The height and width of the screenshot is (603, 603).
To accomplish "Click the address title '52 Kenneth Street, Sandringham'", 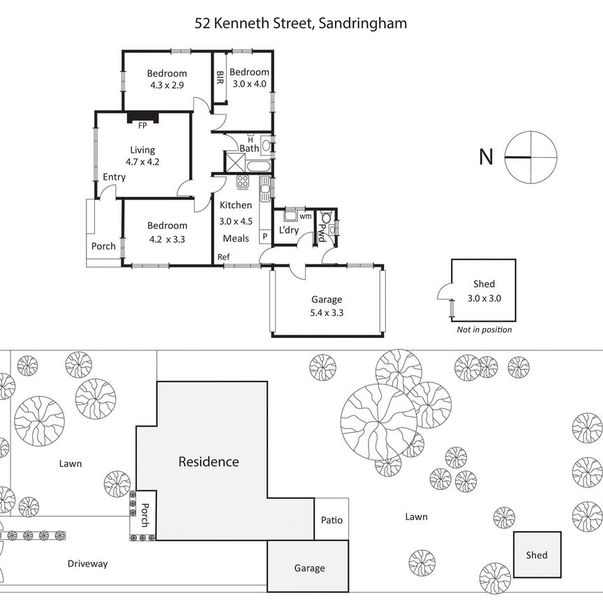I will tap(301, 23).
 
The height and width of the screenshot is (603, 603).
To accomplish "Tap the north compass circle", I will tap(531, 157).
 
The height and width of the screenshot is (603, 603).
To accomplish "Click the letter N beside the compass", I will tap(486, 157).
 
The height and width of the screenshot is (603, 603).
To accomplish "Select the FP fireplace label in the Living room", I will tap(142, 126).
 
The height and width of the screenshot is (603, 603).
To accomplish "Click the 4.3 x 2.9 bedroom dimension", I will tap(167, 85).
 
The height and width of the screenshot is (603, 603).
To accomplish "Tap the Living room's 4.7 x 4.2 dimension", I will tap(143, 161).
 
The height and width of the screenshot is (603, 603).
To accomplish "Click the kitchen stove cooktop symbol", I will tap(243, 182).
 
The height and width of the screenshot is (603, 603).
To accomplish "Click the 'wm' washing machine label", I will tap(305, 216).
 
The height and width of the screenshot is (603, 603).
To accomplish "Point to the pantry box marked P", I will tap(265, 237).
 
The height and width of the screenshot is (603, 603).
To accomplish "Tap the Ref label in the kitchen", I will tap(223, 257).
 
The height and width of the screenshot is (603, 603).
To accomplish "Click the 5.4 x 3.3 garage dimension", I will tap(327, 313).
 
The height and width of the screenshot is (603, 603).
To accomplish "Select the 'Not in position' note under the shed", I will tap(484, 329).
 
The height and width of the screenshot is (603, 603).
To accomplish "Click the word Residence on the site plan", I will tap(209, 461).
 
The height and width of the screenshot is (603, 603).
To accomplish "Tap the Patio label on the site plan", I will tap(332, 520).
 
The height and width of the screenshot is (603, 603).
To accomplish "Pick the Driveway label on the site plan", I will tap(88, 564).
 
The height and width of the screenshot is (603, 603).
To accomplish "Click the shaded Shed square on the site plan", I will tap(537, 555).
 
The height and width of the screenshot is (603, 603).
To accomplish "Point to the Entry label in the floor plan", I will tap(114, 177).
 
